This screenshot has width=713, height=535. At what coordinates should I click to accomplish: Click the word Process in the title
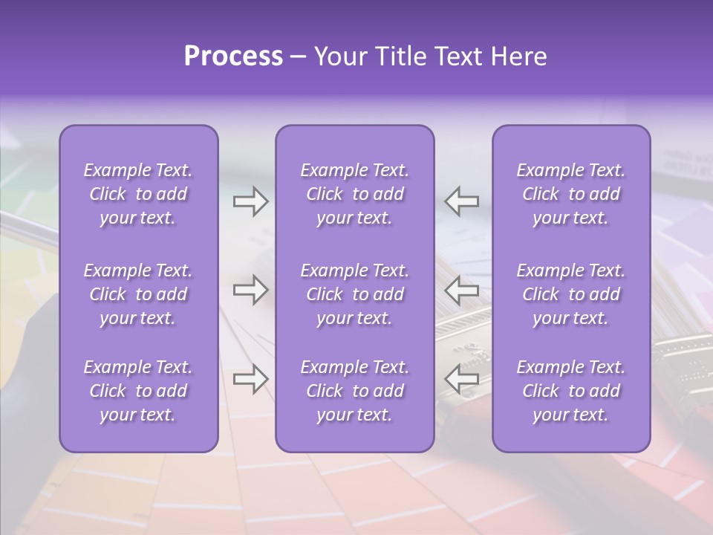click(233, 56)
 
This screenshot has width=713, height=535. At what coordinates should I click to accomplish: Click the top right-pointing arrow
click(250, 201)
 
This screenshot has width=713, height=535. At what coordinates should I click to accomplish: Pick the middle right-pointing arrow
click(250, 291)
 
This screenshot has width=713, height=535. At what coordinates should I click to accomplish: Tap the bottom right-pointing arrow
click(250, 380)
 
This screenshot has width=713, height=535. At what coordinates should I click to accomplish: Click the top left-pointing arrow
click(462, 201)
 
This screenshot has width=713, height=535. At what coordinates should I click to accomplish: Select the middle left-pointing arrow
click(462, 291)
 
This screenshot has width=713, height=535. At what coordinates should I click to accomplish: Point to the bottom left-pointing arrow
click(462, 380)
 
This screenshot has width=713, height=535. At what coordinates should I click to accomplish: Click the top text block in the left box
click(138, 194)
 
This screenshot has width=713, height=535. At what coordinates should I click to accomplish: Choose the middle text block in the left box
click(138, 294)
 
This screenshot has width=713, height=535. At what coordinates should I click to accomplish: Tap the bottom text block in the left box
click(138, 391)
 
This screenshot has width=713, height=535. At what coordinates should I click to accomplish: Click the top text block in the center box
click(355, 194)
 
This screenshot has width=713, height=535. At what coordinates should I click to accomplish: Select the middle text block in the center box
click(355, 294)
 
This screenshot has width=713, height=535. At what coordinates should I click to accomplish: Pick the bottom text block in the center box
click(355, 391)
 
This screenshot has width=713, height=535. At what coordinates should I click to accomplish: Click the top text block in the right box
click(571, 194)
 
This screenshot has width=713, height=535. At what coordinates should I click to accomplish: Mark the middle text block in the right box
click(571, 294)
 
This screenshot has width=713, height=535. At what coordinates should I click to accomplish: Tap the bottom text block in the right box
click(571, 391)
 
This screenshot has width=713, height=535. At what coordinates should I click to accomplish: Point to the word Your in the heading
click(340, 56)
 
